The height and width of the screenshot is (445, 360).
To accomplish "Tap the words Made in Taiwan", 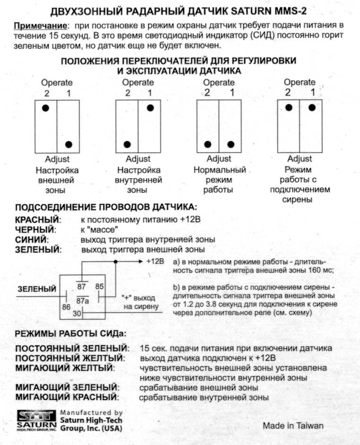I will [x=293, y=426].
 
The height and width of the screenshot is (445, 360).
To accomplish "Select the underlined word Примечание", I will [x=39, y=25].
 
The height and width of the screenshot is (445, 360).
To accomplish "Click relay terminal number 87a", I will [x=83, y=300].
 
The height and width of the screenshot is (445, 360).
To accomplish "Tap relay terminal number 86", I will [x=66, y=307].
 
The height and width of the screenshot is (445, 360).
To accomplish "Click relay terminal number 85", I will [x=99, y=286].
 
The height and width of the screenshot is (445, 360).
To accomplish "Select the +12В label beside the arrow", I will [x=154, y=261].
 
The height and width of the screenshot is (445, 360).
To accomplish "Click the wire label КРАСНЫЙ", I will [x=38, y=220].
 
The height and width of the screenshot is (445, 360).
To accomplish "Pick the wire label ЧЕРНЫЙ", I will [x=35, y=230].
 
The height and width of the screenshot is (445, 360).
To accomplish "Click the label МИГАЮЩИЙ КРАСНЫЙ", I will [x=66, y=397].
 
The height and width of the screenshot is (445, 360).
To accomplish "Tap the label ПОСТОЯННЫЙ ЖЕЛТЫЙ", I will [x=70, y=358].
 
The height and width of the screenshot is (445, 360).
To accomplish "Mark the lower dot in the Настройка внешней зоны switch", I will [x=69, y=144].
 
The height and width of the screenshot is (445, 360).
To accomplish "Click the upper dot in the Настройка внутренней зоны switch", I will [x=150, y=108].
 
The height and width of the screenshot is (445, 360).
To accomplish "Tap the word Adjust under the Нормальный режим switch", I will [x=219, y=159].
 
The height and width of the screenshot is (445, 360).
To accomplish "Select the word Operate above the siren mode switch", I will [x=300, y=82].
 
